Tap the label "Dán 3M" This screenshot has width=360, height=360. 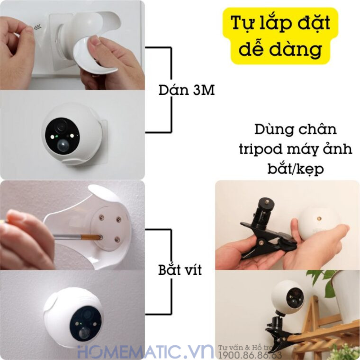186,90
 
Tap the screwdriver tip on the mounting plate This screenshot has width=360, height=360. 100,235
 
